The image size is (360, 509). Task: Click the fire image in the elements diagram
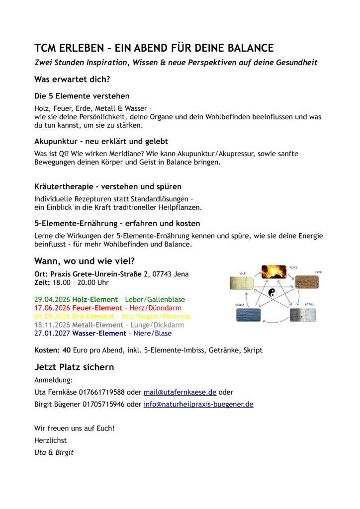pyautogui.click(x=273, y=271)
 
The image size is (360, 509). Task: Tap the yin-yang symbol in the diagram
pyautogui.click(x=271, y=294)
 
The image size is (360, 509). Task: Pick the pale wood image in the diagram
pyautogui.click(x=242, y=283)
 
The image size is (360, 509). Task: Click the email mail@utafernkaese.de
pyautogui.click(x=180, y=392)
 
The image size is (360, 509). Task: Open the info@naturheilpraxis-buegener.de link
pyautogui.click(x=198, y=404)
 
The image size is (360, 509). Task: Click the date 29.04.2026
pyautogui.click(x=52, y=300)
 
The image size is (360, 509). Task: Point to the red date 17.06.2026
pyautogui.click(x=52, y=308)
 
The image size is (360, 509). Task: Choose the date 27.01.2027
pyautogui.click(x=52, y=333)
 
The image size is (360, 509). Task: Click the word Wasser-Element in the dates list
pyautogui.click(x=95, y=333)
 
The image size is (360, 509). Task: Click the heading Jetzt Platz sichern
pyautogui.click(x=74, y=367)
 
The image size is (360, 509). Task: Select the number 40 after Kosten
pyautogui.click(x=66, y=350)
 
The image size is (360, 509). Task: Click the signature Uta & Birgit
pyautogui.click(x=54, y=452)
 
